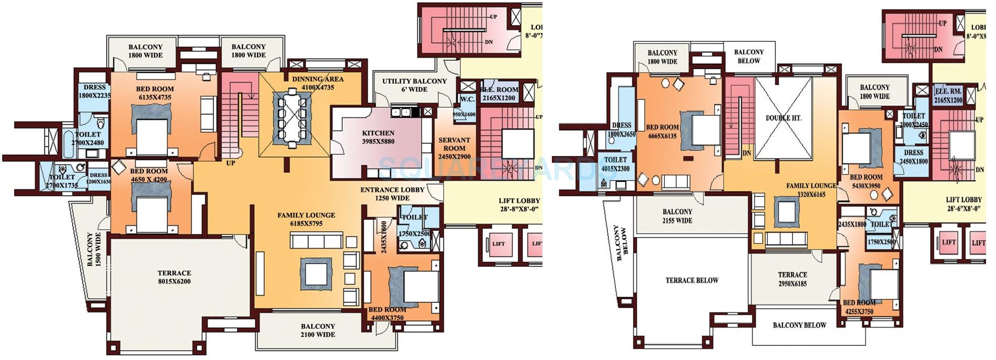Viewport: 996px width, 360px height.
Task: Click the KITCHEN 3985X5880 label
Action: coord(378,138)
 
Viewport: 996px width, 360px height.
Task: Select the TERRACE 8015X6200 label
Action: coord(174,277)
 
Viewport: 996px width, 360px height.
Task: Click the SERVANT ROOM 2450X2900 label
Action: coord(454,148)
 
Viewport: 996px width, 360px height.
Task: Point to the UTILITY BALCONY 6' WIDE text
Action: coord(414,85)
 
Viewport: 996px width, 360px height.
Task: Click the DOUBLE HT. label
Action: coord(783,118)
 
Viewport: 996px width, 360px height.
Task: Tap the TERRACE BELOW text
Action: coord(692,280)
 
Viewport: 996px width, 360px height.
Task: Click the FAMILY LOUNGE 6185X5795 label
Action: coord(306,219)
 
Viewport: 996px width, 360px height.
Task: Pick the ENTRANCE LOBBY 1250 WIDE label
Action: coord(392,194)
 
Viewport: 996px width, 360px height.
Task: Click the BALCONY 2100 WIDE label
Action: coord(318,330)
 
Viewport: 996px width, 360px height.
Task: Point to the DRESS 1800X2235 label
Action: coord(95,91)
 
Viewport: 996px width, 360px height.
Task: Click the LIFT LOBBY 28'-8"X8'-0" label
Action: coord(519,205)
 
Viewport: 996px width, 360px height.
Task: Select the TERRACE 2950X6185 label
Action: coord(792,279)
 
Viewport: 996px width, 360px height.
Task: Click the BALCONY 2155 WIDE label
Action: coord(677,216)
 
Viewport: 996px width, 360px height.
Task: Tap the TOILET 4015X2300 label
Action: coord(616,164)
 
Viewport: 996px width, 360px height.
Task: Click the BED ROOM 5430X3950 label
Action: coord(866,181)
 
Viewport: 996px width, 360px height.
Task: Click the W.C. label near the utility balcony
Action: coord(467,98)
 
